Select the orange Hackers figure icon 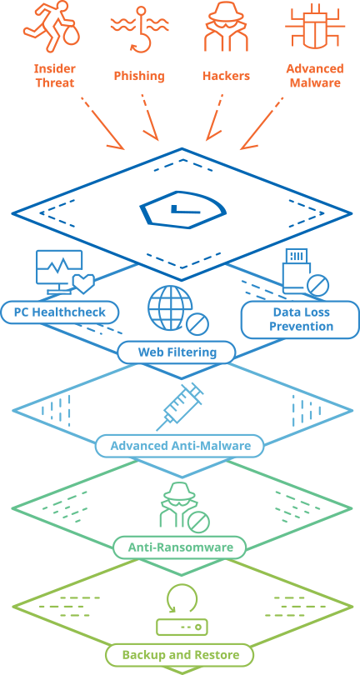pos(227,26)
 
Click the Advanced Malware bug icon pos(316,27)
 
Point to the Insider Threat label pos(55,75)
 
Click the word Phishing pos(139,76)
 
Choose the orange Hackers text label pos(226,76)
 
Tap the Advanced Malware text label pos(315,75)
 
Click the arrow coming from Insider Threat pos(103,123)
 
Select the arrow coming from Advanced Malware pos(262,123)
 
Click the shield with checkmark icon pos(183,209)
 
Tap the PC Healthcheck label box pos(59,312)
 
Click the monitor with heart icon pos(65,272)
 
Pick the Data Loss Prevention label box pos(301,319)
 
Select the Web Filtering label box pos(177,352)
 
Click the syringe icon pos(179,407)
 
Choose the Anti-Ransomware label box pos(181,547)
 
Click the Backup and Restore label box pos(181,655)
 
